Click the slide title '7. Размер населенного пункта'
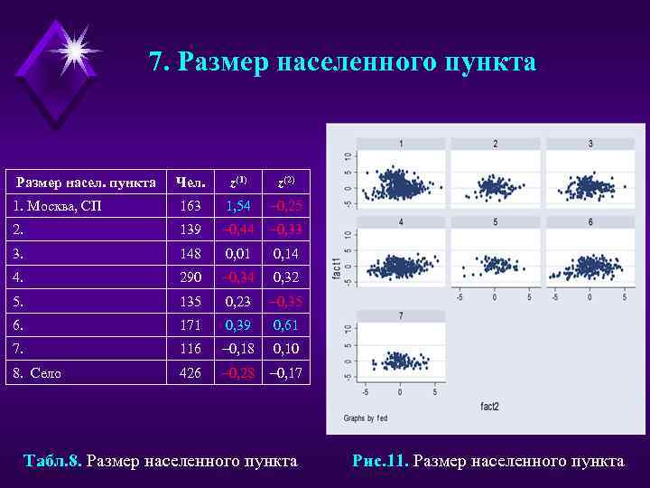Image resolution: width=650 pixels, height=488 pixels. pos(342,62)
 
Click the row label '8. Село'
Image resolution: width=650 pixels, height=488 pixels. pos(39,371)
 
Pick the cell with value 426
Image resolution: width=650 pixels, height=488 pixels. pos(190,371)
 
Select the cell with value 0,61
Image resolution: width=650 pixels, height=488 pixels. pos(287,324)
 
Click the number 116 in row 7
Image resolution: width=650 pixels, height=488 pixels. pos(190,348)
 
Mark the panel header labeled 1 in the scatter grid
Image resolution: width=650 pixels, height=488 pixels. pos(400,144)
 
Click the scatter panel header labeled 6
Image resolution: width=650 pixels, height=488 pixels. pos(590,221)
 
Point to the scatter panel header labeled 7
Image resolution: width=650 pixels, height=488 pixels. pos(400,316)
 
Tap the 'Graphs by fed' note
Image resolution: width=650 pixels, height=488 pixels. pos(366,418)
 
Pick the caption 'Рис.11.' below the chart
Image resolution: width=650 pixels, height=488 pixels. pos(380,461)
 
